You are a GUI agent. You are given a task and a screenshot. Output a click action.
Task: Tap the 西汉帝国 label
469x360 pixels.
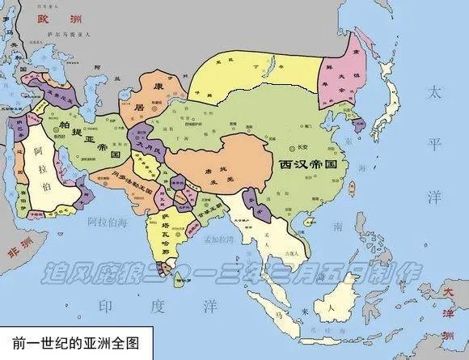[x=313, y=163]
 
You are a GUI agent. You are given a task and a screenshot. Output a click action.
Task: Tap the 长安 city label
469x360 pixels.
[x=301, y=146]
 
